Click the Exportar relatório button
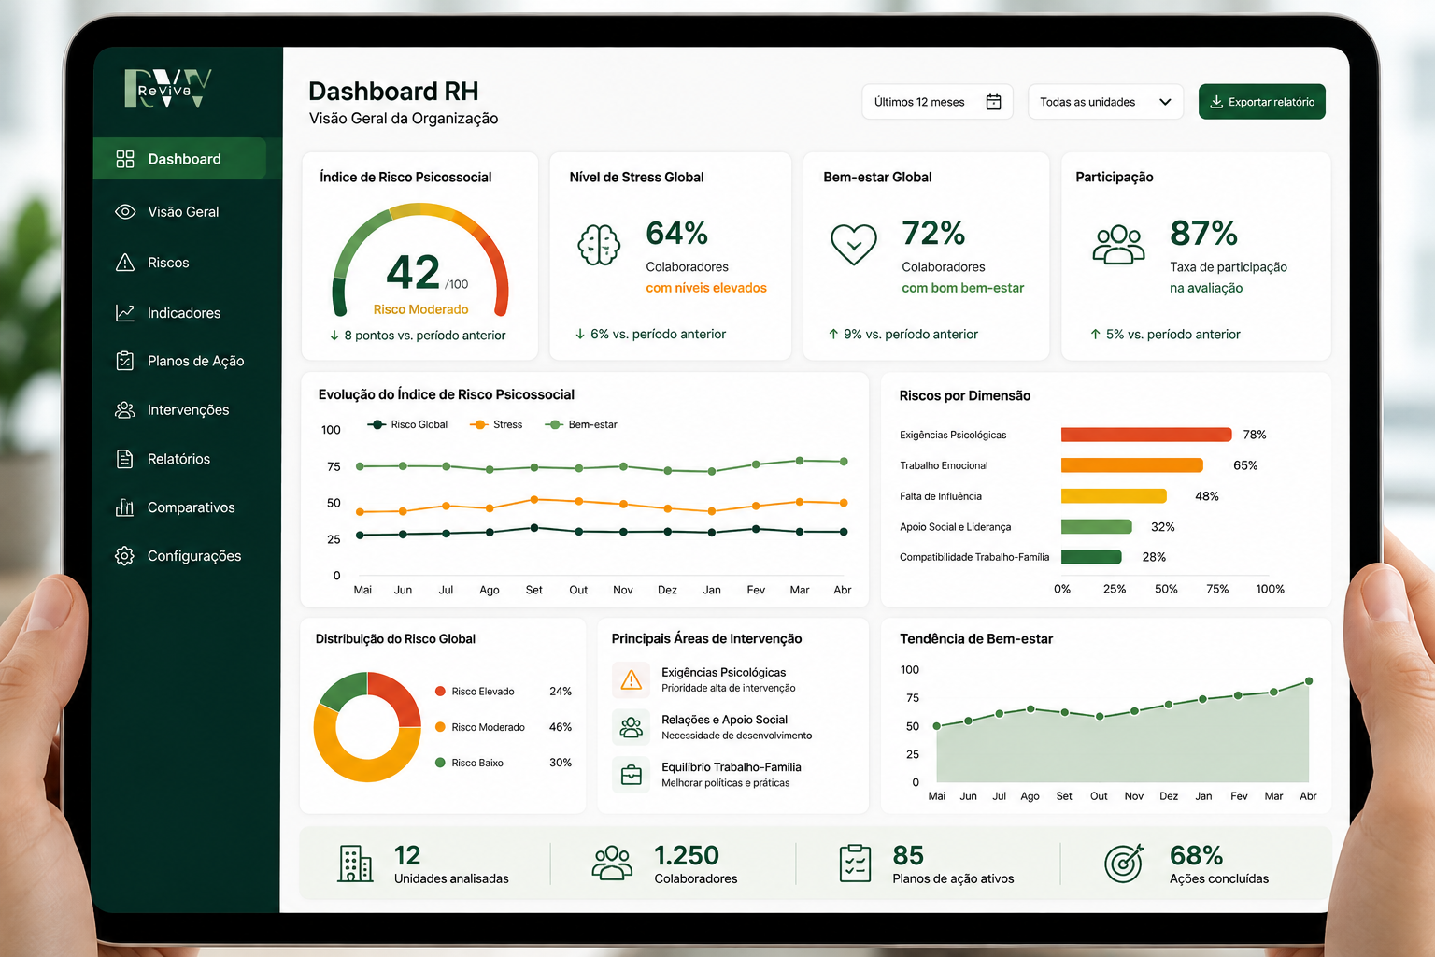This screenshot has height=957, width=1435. pos(1261,102)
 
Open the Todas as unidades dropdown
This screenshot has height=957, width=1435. pos(1105,102)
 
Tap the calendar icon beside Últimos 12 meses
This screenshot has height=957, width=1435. pos(993,102)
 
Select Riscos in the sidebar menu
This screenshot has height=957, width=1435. pos(168,263)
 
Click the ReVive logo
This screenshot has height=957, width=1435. pos(168,89)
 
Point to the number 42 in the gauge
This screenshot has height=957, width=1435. pos(413,272)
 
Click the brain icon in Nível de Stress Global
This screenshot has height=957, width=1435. pos(599,245)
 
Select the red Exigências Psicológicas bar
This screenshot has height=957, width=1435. pos(1146,435)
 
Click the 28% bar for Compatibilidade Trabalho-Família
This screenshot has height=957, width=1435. pos(1091,557)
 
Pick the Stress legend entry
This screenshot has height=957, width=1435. pos(496,424)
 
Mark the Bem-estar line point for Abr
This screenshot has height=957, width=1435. pos(844,462)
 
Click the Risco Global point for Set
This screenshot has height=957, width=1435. pos(534,528)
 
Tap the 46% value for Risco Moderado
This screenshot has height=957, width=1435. pos(561,727)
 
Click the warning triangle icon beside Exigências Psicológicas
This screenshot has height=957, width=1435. pos(631,679)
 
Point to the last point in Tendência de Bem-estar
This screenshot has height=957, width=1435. pos(1309,681)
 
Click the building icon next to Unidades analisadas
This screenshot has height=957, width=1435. pos(355,864)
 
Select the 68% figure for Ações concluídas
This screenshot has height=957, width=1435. pos(1196,855)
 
